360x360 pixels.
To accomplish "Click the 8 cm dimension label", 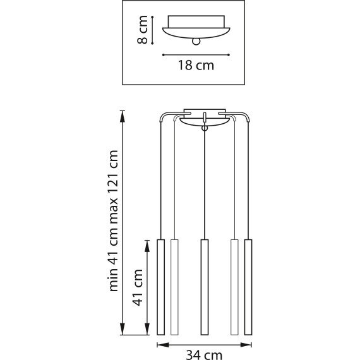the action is [142, 30].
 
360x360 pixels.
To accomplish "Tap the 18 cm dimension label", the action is [196, 65].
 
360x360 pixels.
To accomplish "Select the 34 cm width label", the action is [204, 355].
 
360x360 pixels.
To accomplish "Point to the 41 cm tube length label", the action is [138, 287].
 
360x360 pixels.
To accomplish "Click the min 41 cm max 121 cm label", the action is [114, 221].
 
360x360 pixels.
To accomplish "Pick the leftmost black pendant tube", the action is [160, 287].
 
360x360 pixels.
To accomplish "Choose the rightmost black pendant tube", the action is [248, 287].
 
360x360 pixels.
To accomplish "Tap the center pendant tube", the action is [205, 287].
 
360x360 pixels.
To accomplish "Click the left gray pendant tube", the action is [174, 287].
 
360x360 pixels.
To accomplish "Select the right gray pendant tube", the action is [234, 287].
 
